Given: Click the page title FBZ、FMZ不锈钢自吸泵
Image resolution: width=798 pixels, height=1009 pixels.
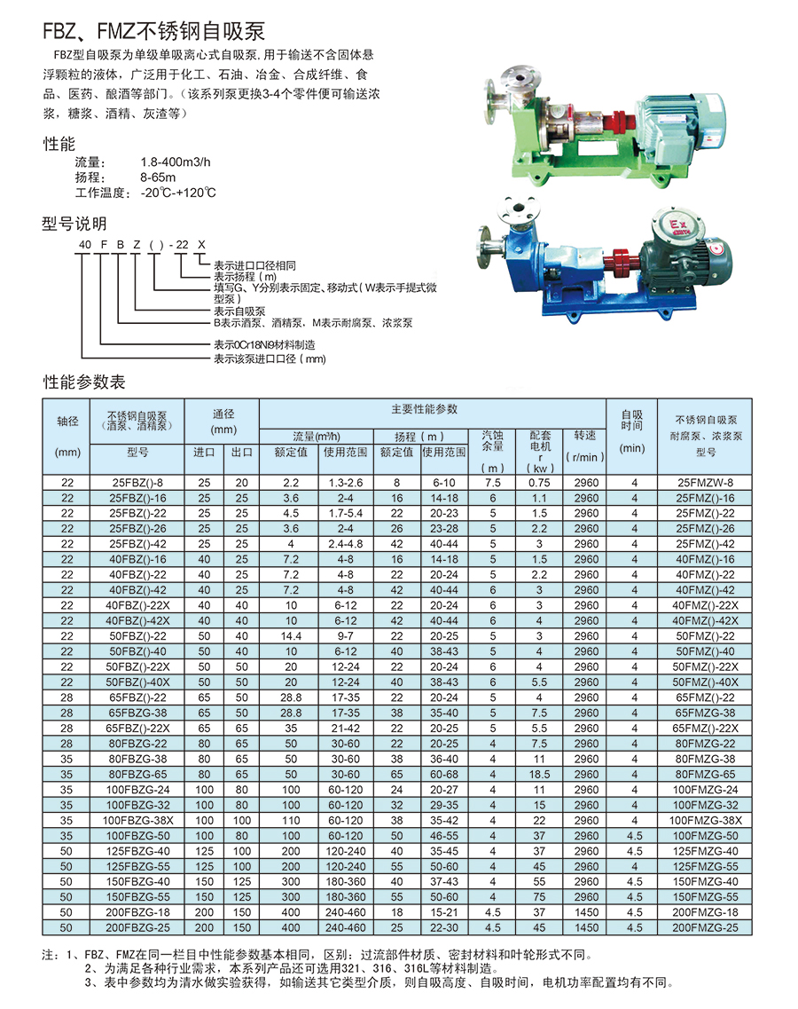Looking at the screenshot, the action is [x=153, y=30].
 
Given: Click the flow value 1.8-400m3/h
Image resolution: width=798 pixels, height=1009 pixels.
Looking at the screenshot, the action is [x=175, y=162].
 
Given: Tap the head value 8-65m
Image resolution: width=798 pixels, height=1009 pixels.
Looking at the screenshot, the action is [x=158, y=177].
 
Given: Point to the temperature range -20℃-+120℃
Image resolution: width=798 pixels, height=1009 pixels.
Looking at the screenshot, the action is [x=178, y=193].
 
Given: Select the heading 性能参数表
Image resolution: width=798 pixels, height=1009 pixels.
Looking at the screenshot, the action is [x=84, y=382].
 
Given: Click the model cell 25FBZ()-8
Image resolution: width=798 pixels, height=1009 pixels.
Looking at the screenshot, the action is [x=137, y=483].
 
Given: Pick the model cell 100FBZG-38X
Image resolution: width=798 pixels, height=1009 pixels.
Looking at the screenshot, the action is [x=137, y=821].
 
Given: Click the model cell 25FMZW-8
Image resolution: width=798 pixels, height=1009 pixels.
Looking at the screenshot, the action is [x=705, y=483].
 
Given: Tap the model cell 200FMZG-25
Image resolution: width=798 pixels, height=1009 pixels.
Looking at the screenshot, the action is [x=705, y=928].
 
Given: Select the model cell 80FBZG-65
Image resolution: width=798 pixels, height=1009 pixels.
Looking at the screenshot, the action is [x=137, y=774].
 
